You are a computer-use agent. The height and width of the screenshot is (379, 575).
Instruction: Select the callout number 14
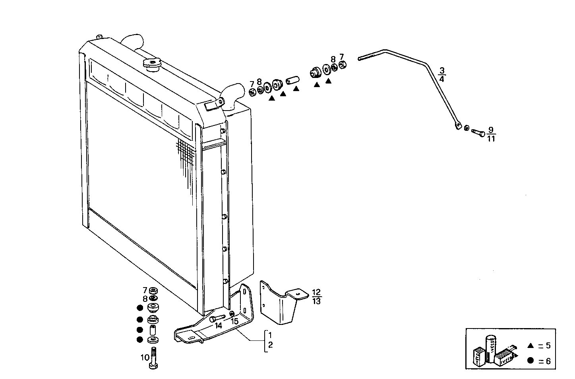pos(218,326)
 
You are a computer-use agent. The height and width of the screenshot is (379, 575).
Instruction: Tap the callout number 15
pos(234,321)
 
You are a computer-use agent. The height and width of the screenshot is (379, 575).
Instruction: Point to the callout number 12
pos(317,292)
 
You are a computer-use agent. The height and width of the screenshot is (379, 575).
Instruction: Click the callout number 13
pos(317,301)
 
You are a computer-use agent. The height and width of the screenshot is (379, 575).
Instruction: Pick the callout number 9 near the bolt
pos(491,130)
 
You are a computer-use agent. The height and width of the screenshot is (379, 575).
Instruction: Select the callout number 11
pos(491,139)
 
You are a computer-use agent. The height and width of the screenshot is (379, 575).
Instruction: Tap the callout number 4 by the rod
pos(442,79)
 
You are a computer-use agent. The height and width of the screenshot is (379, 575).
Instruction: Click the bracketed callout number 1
pos(270,334)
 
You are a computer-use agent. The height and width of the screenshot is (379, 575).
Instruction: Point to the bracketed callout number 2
pos(270,345)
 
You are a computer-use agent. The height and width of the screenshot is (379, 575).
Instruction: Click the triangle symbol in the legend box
pos(530,346)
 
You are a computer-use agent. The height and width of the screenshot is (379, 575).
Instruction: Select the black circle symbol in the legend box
pos(530,361)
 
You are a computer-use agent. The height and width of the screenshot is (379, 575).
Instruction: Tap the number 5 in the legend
pos(548,346)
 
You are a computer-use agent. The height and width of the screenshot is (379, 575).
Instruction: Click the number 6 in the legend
pos(548,361)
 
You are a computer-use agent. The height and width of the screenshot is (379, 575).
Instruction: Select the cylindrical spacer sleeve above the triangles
pos(292,80)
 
